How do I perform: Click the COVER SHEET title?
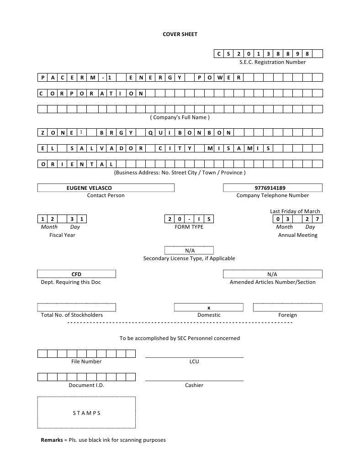(180, 34)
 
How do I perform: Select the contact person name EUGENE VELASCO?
(89, 188)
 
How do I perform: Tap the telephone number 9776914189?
(273, 188)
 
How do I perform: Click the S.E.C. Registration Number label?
(272, 62)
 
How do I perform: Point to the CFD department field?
(76, 274)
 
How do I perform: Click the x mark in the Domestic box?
(209, 308)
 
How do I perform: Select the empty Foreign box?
(287, 307)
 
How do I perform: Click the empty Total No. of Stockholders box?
(76, 307)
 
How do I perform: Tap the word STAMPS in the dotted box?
(86, 413)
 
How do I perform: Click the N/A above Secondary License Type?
(190, 251)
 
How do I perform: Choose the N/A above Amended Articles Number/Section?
(272, 274)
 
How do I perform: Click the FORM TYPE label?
(189, 227)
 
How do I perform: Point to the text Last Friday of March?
(295, 211)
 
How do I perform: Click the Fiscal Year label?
(62, 235)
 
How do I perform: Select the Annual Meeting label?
(297, 235)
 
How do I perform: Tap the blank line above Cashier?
(194, 380)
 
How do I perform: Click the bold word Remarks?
(52, 440)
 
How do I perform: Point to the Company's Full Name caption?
(180, 117)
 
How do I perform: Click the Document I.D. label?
(86, 385)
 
